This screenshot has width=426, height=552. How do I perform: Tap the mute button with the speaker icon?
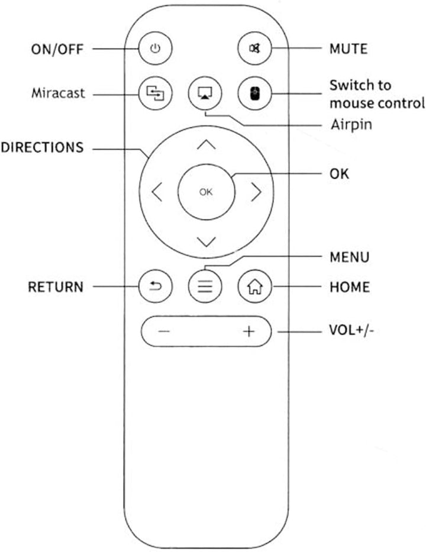255,49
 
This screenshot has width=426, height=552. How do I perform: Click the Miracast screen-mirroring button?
155,93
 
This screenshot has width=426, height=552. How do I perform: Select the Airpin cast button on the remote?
205,93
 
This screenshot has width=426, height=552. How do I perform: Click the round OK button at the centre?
206,192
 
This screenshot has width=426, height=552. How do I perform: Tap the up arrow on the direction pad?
206,144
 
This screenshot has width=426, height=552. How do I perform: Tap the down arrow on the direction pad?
206,241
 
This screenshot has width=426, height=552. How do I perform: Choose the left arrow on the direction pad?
157,192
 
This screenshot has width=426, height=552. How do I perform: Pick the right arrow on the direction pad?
256,192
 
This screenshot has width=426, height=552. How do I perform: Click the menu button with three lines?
205,286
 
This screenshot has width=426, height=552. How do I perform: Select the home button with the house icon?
255,286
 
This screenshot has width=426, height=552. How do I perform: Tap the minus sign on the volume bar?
164,331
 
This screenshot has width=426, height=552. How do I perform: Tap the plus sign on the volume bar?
249,331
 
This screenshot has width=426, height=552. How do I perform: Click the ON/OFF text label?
57,49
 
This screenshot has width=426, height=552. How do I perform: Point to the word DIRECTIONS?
42,147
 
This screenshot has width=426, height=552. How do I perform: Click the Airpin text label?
351,125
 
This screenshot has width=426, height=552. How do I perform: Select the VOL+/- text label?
351,331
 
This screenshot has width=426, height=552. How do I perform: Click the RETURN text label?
56,287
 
